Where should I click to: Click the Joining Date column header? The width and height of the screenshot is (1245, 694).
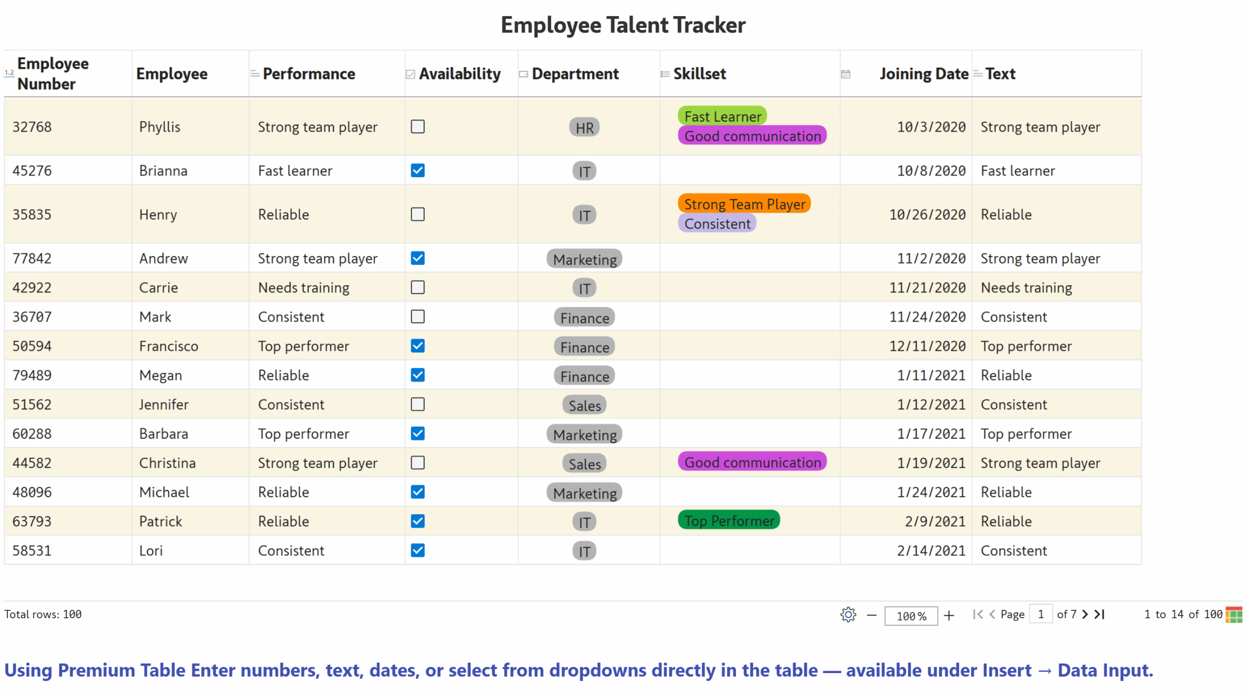[923, 74]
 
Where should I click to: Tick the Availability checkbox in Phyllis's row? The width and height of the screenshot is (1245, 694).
[417, 127]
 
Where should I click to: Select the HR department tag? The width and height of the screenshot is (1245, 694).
[584, 128]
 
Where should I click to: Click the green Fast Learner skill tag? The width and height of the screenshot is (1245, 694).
[722, 117]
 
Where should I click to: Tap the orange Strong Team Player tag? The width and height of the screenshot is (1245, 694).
[744, 204]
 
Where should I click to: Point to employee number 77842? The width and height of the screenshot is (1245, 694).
[32, 259]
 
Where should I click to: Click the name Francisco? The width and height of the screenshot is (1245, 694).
[169, 346]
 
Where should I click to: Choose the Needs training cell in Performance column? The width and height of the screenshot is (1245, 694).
[303, 288]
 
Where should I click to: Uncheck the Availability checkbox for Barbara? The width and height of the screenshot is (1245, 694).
[417, 434]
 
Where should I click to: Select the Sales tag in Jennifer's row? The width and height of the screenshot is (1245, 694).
[584, 405]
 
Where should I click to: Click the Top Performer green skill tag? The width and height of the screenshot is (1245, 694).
[729, 520]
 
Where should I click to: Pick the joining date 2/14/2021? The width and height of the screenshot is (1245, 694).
[931, 551]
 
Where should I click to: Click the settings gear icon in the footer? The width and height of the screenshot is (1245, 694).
[848, 615]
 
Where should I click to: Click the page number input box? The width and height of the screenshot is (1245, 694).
[1040, 615]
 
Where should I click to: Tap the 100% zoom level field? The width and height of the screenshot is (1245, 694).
[910, 616]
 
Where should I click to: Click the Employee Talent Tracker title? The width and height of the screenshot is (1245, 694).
[622, 25]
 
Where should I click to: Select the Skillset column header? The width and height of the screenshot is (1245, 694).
[699, 74]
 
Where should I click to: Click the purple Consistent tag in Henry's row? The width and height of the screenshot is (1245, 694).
[717, 224]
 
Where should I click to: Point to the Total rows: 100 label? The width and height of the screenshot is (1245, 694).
[43, 614]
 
